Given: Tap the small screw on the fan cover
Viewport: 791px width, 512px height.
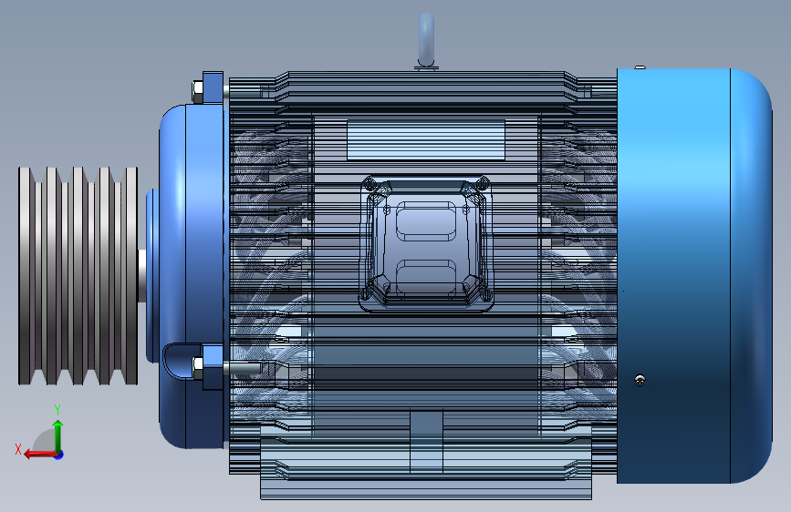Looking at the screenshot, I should (641, 379).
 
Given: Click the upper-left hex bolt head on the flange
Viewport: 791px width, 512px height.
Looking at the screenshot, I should (198, 90).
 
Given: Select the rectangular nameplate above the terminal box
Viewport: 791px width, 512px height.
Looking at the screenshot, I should (426, 139).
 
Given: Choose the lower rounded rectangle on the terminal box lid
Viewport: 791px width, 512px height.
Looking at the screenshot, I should (426, 276).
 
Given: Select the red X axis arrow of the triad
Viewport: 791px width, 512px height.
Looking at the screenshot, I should (33, 453).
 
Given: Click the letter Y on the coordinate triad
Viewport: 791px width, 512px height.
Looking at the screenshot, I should (57, 409).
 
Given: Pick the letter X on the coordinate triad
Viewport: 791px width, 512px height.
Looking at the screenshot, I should (17, 449).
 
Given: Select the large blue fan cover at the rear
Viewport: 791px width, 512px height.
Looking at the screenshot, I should (693, 273).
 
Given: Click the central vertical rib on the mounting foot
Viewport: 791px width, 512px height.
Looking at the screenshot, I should (426, 442).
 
